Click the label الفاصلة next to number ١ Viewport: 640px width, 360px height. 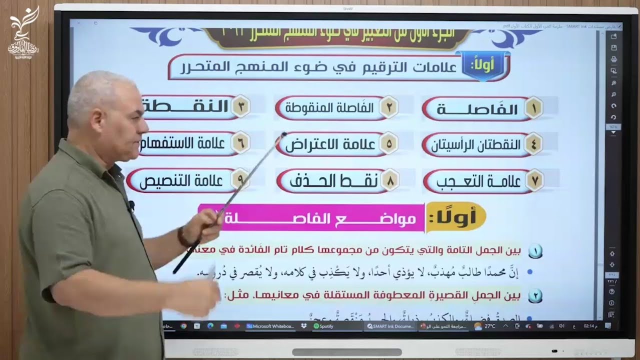click(477, 109)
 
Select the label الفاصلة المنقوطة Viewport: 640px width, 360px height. click(330, 108)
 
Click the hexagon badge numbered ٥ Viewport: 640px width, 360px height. click(388, 143)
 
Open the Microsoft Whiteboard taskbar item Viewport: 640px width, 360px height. click(270, 326)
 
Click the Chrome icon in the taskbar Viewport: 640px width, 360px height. click(184, 326)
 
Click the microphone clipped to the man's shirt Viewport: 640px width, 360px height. click(131, 205)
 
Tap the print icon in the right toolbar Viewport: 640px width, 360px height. click(613, 59)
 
